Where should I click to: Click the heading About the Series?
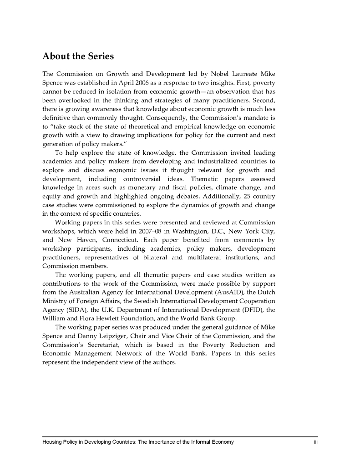tap(78, 57)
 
